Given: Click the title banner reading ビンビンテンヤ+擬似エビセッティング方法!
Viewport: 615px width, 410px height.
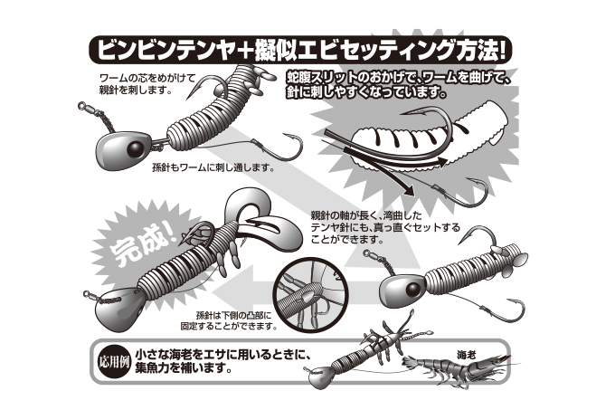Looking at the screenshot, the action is point(300,50).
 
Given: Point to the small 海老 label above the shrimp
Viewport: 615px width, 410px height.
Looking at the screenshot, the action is point(466,356).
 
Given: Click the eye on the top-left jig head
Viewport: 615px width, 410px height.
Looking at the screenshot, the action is point(135,148).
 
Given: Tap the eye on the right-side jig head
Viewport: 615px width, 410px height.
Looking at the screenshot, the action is point(412,290).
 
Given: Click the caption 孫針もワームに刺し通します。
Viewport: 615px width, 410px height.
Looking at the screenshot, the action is point(213,168).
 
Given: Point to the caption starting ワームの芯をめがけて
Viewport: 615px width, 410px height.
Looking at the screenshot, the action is point(147,83).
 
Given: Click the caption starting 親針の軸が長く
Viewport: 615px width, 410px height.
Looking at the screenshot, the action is point(385,227).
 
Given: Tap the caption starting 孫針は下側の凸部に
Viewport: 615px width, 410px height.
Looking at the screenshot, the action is point(229,320).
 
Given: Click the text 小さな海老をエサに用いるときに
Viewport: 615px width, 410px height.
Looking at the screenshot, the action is point(223,355).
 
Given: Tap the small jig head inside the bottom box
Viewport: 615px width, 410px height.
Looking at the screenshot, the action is point(320,377).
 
